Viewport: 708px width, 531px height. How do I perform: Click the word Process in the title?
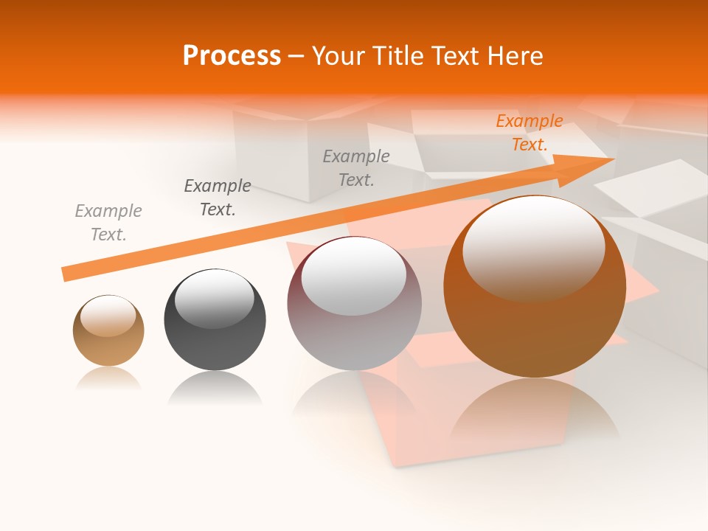232,55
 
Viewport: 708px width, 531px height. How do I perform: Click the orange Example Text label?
530,133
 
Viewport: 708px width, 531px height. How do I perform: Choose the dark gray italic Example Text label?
218,198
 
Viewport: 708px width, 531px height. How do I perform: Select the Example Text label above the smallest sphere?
108,223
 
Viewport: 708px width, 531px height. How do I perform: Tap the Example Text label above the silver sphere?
356,167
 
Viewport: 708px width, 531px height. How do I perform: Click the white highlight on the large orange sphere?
533,247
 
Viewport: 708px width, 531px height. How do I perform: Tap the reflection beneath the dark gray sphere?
215,387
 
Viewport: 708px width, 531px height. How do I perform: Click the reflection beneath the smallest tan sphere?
108,378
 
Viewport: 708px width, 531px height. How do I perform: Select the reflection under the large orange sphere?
535,413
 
